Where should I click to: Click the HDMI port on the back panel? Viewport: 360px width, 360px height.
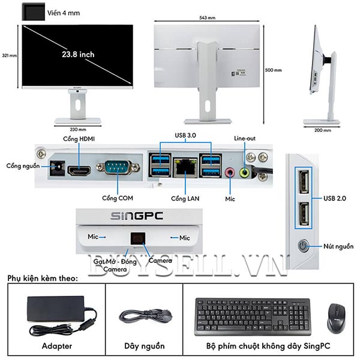click(x=78, y=171)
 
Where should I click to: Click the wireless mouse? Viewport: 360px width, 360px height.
click(x=336, y=317)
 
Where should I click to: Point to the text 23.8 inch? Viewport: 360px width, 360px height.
click(x=78, y=54)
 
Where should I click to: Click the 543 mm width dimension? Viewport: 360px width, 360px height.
click(x=206, y=18)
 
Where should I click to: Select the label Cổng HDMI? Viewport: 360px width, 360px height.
click(x=79, y=139)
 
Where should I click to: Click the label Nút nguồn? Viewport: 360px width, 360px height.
click(x=337, y=246)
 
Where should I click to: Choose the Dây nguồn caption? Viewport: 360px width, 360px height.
click(x=144, y=346)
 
